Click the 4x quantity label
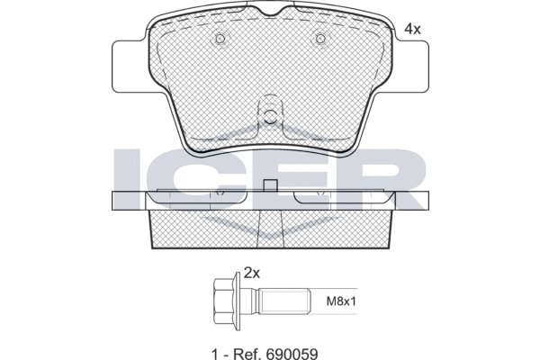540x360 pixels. pos(412,30)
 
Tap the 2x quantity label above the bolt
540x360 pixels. pos(251,274)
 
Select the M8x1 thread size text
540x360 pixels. pos(341,301)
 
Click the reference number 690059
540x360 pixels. pos(292,354)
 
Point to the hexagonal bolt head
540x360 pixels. pos(223,301)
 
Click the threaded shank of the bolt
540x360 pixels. pos(284,301)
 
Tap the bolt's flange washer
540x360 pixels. pos(237,301)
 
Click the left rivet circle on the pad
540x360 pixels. pos(220,38)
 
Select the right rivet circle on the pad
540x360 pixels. pos(320,38)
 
